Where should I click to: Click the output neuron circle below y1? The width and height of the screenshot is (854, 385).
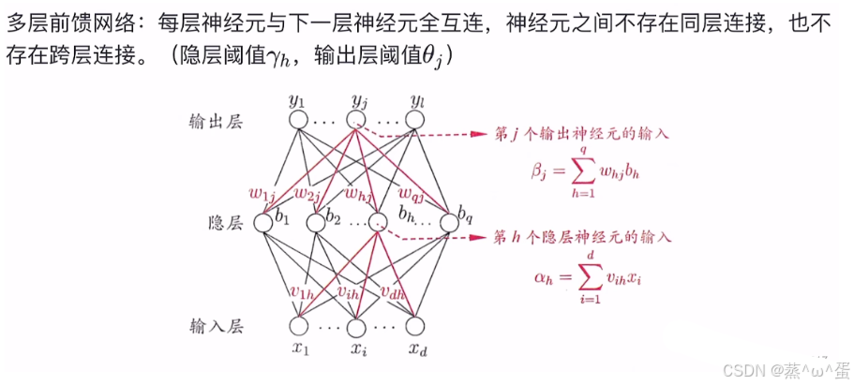tap(297, 121)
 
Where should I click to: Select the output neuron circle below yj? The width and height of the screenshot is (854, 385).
tap(356, 120)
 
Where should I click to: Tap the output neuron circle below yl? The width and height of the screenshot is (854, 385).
tap(414, 120)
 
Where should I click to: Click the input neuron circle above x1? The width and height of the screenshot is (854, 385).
tap(298, 327)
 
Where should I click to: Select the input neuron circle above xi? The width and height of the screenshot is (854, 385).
tap(356, 327)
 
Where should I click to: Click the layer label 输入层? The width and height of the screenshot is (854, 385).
tap(215, 327)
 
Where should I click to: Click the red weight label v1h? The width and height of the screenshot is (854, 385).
tap(303, 292)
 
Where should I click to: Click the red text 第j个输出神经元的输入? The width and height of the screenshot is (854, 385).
tap(581, 134)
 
